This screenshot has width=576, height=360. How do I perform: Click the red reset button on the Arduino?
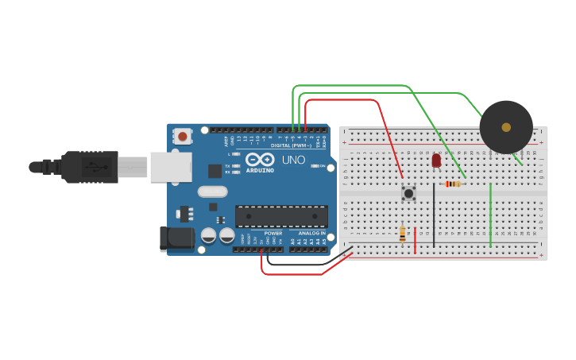pyautogui.click(x=183, y=136)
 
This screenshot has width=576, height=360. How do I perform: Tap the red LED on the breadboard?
pyautogui.click(x=436, y=161)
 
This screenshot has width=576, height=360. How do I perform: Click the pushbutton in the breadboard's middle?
pyautogui.click(x=409, y=192)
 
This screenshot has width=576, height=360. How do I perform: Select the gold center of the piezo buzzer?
pyautogui.click(x=506, y=127)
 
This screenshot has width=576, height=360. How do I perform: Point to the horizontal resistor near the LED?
pyautogui.click(x=453, y=184)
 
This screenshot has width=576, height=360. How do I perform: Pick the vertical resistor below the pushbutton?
pyautogui.click(x=402, y=234)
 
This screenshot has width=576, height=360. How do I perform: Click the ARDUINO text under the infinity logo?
pyautogui.click(x=260, y=170)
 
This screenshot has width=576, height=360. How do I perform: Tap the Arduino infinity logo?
pyautogui.click(x=260, y=159)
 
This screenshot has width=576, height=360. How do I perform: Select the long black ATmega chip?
pyautogui.click(x=281, y=216)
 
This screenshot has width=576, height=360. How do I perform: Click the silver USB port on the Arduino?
pyautogui.click(x=171, y=167)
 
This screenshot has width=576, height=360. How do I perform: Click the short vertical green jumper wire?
pyautogui.click(x=490, y=215)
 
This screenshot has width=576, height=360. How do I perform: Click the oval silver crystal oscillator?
pyautogui.click(x=213, y=192)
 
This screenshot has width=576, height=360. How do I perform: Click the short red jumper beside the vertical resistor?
pyautogui.click(x=415, y=240)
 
